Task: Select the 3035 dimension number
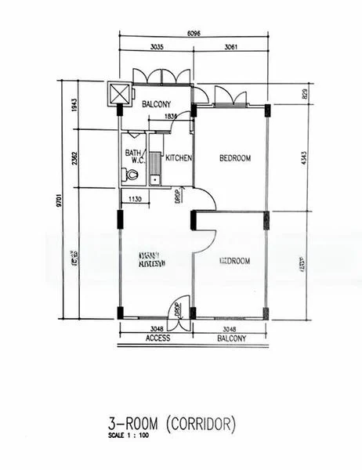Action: click(156, 47)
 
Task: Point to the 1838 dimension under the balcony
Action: click(172, 117)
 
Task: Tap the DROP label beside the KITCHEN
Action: click(179, 193)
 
